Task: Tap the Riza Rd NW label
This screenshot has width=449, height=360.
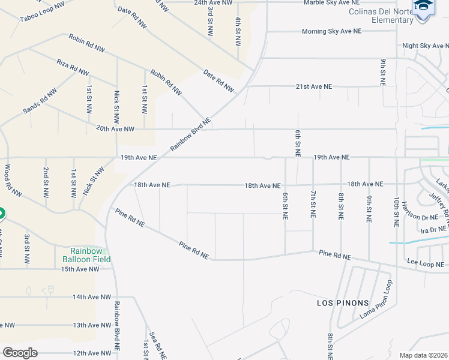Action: click(x=73, y=67)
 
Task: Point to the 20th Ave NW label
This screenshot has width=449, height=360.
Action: click(x=115, y=129)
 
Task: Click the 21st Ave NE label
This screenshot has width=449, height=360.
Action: click(x=313, y=86)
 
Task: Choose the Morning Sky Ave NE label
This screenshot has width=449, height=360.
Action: click(x=332, y=31)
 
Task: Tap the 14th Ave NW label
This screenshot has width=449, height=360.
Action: click(x=92, y=297)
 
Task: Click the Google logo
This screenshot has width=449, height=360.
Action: click(x=20, y=353)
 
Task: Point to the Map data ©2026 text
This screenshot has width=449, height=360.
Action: click(x=423, y=355)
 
